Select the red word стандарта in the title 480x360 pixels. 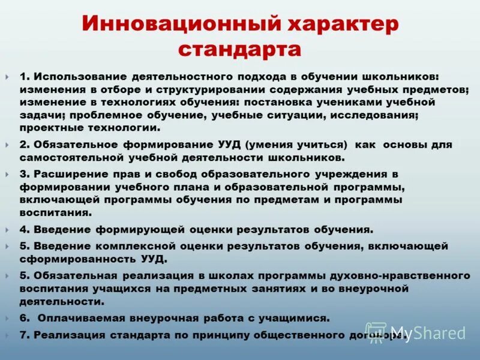pos(240,48)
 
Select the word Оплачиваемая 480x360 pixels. pos(79,318)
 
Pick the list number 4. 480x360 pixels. pos(23,229)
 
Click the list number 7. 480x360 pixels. pos(23,335)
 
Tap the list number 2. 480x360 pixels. pos(23,145)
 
